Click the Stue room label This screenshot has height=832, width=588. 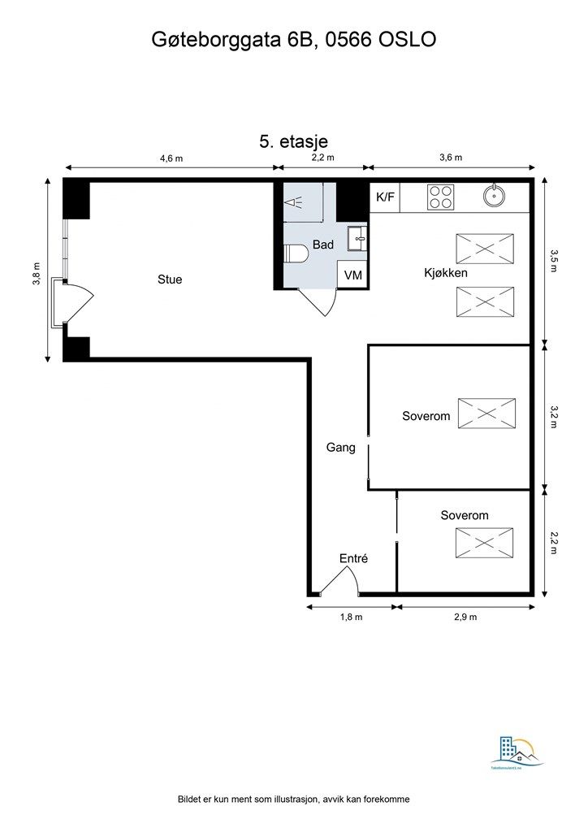tap(170, 279)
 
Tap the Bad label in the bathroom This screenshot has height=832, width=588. tap(323, 245)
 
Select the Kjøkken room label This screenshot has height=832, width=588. tap(446, 273)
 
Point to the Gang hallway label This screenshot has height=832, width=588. tap(340, 447)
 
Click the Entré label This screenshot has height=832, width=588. tap(353, 558)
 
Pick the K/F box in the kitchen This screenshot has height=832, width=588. tap(385, 197)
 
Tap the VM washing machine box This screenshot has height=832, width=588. tap(352, 275)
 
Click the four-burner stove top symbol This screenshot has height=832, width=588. tap(441, 197)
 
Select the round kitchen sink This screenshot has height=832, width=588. tap(492, 196)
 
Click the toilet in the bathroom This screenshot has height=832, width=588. tap(296, 254)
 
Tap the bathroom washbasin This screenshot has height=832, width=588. tap(357, 238)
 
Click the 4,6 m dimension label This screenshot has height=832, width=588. tap(171, 158)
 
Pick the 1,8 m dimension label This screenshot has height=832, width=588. tap(351, 617)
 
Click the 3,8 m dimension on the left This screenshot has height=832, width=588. tap(37, 272)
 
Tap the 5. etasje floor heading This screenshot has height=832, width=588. tap(293, 141)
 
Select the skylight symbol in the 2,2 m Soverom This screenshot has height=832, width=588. tap(484, 543)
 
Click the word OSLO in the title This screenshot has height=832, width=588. tap(408, 41)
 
